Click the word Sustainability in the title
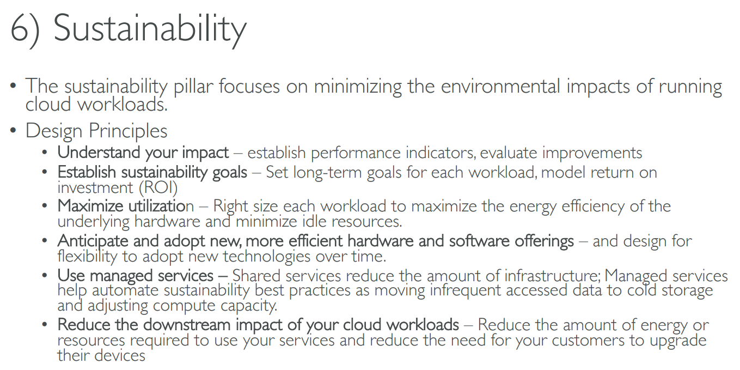[x=150, y=29]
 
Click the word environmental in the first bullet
[x=500, y=86]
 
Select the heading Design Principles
[x=96, y=131]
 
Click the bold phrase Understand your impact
[x=143, y=153]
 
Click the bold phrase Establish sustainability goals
[x=152, y=172]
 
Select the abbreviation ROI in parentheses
[x=158, y=187]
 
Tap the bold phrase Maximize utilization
[x=126, y=206]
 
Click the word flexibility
[x=87, y=257]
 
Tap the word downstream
[x=187, y=325]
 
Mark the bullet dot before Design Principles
[x=13, y=130]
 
